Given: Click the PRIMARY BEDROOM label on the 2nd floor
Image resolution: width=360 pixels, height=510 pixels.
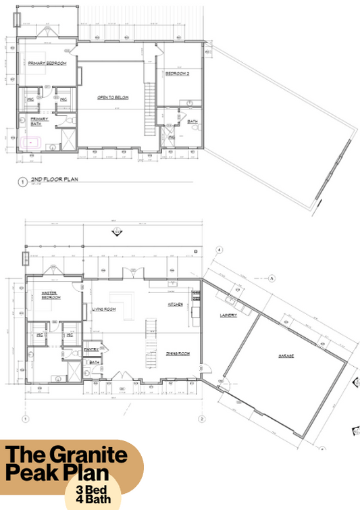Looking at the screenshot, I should coord(47,63).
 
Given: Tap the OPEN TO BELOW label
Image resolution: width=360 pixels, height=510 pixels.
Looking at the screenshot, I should coord(113,98).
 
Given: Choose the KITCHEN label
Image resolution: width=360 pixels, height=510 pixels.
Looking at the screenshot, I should coord(176,305).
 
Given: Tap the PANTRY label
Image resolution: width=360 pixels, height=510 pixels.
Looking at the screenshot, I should coord(92,349).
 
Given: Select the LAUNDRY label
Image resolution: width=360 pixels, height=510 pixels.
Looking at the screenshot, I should coord(226,315).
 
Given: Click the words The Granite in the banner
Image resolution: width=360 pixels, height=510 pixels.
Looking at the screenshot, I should coord(66,454).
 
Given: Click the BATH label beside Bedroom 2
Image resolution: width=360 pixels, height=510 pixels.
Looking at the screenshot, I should coord(192,122).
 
